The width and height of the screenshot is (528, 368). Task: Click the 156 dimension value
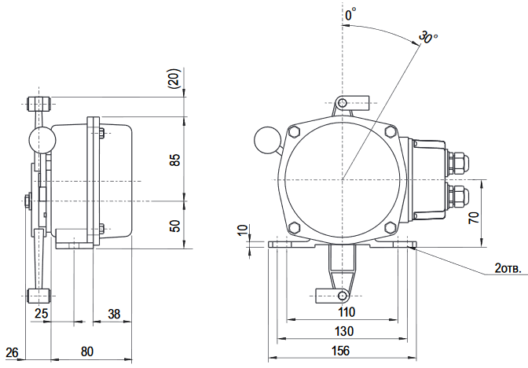click(x=339, y=351)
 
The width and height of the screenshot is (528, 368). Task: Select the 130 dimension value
click(x=343, y=330)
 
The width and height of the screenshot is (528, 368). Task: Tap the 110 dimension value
click(x=343, y=311)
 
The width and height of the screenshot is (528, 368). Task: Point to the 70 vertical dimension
click(x=474, y=219)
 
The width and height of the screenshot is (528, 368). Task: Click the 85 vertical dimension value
click(x=176, y=160)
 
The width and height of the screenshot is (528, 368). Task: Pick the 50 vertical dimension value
click(x=176, y=225)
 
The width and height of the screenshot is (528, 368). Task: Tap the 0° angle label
click(x=350, y=14)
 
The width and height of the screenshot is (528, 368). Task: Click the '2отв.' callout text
click(x=507, y=268)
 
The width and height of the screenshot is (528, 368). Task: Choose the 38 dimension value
click(x=114, y=314)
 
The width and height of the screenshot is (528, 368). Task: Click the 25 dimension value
click(x=42, y=314)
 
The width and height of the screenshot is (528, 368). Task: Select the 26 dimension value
click(x=12, y=351)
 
